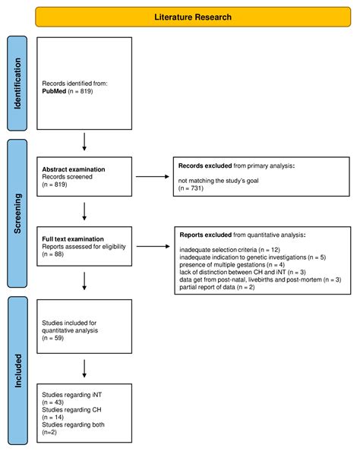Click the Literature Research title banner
192,16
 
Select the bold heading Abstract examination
74,169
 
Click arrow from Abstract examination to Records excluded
149,178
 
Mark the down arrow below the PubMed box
84,140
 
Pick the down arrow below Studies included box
84,368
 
